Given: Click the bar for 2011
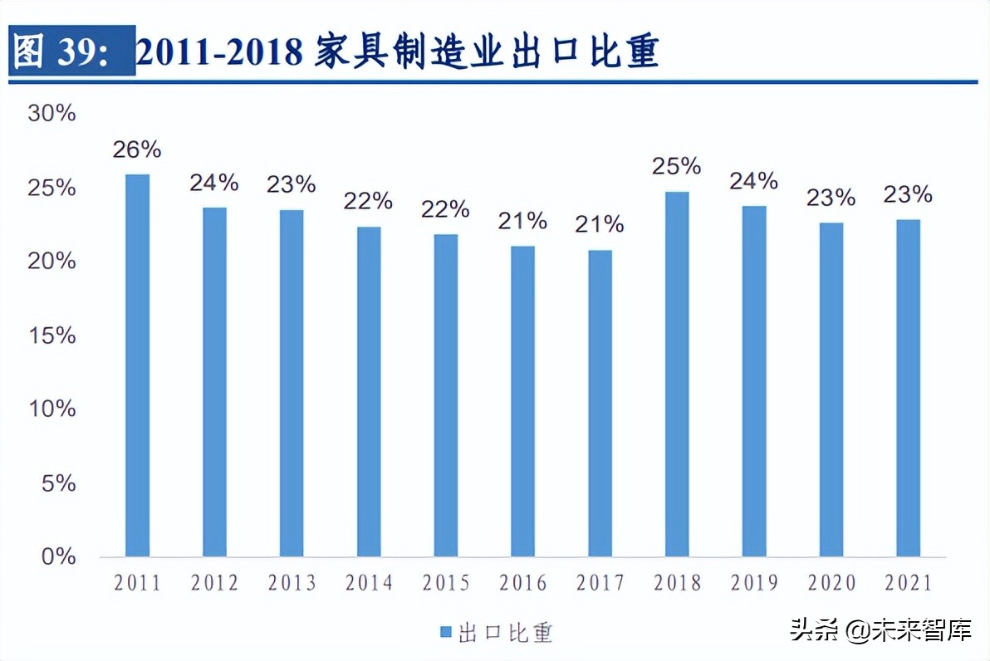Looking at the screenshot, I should point(137,365).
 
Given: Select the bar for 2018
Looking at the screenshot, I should point(677,374).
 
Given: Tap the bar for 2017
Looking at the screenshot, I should point(600,403).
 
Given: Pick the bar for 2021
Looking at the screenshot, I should point(908,388).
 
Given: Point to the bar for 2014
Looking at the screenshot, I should point(369,391).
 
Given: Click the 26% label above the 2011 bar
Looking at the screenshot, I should point(137,149).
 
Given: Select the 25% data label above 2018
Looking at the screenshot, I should point(677,166).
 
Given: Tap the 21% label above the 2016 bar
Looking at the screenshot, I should point(522,221).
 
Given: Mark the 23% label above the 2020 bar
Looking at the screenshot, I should point(831,198).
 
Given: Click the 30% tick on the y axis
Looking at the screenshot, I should point(51,114).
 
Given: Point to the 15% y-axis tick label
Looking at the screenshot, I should point(51,335).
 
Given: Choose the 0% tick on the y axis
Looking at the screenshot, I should point(58,556).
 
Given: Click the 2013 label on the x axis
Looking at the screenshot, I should point(292,584).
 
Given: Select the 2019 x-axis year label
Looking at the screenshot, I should point(754,584).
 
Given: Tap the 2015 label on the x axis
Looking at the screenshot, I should point(446,584).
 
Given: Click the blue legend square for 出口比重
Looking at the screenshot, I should point(444,633).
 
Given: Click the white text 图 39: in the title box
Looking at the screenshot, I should point(72,52).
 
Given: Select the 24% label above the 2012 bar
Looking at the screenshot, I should point(214,182).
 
